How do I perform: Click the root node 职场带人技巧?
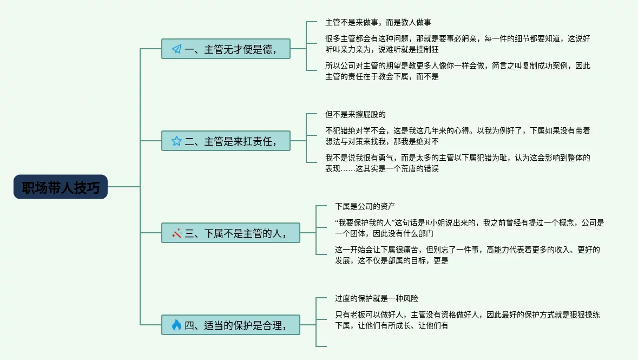pos(61,187)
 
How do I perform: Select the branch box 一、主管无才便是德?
pos(226,49)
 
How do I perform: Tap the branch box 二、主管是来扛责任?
pos(226,141)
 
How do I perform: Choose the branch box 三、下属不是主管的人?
pos(231,233)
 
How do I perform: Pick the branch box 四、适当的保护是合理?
pos(231,325)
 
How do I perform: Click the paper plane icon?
pos(176,49)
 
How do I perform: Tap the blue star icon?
pos(176,141)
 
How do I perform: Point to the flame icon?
pos(176,325)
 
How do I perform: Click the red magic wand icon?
pos(176,233)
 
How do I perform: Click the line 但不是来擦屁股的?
pos(355,115)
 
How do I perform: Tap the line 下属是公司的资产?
pos(365,206)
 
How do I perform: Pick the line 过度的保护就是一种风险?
pos(377,298)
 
